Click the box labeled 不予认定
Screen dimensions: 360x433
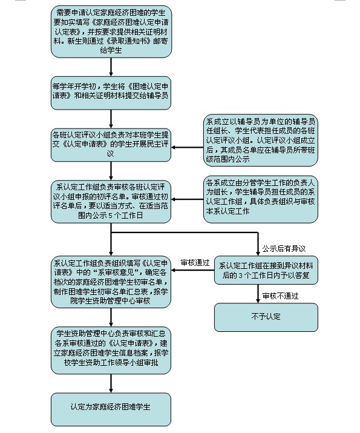(x=266, y=317)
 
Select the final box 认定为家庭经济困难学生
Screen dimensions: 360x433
(x=111, y=409)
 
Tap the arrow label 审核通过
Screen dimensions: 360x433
(x=195, y=263)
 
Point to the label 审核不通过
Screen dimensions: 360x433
(x=280, y=296)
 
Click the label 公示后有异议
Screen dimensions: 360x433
(x=284, y=249)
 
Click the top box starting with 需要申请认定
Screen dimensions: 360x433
(x=111, y=31)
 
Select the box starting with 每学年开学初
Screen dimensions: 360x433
(x=111, y=93)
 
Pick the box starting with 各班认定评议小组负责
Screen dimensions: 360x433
(x=111, y=145)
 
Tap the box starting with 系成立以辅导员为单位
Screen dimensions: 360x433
(x=261, y=140)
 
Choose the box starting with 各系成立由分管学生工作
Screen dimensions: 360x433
(x=261, y=199)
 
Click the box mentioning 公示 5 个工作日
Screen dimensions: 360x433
(x=111, y=202)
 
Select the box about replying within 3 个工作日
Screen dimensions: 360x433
(x=266, y=270)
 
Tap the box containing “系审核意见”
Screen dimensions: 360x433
(x=111, y=282)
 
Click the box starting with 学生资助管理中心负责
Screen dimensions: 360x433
(x=111, y=351)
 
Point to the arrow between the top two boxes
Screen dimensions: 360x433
(x=111, y=67)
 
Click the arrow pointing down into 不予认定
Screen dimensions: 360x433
(x=258, y=294)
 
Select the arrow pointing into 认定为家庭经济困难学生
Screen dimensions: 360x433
(x=111, y=383)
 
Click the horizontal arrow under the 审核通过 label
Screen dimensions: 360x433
(x=192, y=270)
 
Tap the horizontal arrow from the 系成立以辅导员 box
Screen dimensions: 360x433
(x=188, y=148)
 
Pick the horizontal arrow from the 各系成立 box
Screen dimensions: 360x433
(x=188, y=199)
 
